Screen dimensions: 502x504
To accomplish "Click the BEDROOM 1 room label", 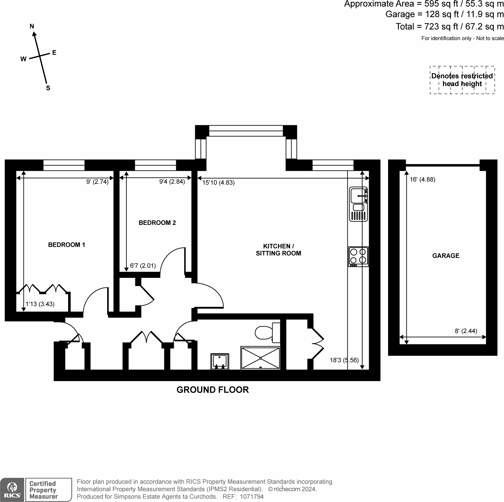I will coord(66,245).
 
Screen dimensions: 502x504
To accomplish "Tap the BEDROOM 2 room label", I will coord(157,223).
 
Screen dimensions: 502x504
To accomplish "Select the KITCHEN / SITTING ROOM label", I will coord(278,250).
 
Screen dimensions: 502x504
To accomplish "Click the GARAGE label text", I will coord(446,256).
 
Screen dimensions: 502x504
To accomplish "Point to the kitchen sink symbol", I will coord(359,204).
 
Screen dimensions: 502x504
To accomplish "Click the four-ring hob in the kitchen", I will coord(358,257).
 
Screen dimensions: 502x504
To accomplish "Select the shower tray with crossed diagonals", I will coord(261,358).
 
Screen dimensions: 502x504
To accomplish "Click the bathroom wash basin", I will coord(220,361).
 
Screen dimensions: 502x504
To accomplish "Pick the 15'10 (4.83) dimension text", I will coord(218,183).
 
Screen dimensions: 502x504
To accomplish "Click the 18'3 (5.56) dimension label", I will coord(344,360).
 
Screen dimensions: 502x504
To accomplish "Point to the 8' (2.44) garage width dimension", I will coord(466,331).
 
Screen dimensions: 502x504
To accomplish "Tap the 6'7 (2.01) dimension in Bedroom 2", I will coord(143,266).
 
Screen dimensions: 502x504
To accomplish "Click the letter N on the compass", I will coord(32,27).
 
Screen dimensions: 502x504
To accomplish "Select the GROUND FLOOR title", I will coord(213,390).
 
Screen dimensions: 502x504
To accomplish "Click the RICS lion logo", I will coord(12,490).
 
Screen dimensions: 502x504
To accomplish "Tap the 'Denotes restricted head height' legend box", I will coord(462,80).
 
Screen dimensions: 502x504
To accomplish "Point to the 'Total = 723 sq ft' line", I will coord(450,27).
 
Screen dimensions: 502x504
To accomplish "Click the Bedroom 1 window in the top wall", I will coord(64,165).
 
